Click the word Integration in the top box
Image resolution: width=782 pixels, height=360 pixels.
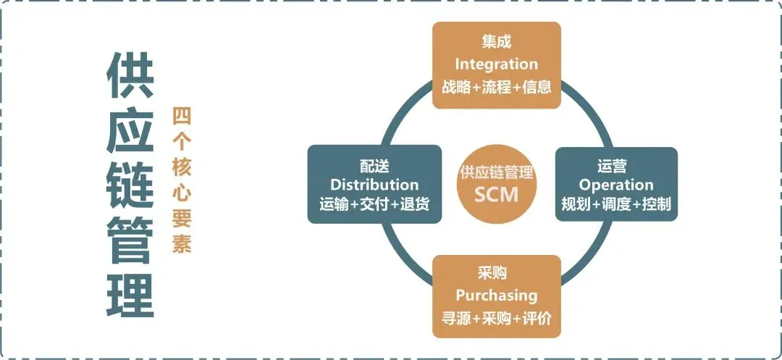[x=496, y=64]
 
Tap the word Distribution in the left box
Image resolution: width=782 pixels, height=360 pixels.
[x=374, y=185]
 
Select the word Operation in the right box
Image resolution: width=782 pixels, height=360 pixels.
[x=616, y=185]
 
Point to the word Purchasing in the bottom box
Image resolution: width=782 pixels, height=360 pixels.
[x=496, y=296]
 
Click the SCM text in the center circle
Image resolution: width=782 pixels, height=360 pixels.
[x=497, y=194]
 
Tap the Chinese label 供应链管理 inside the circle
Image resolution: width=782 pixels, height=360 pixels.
[x=497, y=173]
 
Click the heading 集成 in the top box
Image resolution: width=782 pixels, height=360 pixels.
[x=496, y=43]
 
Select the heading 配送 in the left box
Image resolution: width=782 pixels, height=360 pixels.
[x=374, y=166]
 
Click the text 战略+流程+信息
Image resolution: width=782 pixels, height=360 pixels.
[x=497, y=87]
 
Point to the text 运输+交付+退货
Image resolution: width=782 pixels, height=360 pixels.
[x=374, y=204]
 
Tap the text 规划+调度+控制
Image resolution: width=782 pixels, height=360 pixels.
[x=616, y=204]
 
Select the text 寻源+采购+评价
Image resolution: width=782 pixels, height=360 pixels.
[x=497, y=318]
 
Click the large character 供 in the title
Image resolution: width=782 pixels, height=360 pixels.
[x=130, y=75]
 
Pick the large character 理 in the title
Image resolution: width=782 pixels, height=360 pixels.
[x=130, y=293]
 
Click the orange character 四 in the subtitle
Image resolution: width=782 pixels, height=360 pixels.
[x=181, y=117]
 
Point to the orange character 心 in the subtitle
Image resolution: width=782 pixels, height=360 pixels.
[x=181, y=192]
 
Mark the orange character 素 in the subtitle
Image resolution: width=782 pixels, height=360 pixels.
[x=181, y=244]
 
